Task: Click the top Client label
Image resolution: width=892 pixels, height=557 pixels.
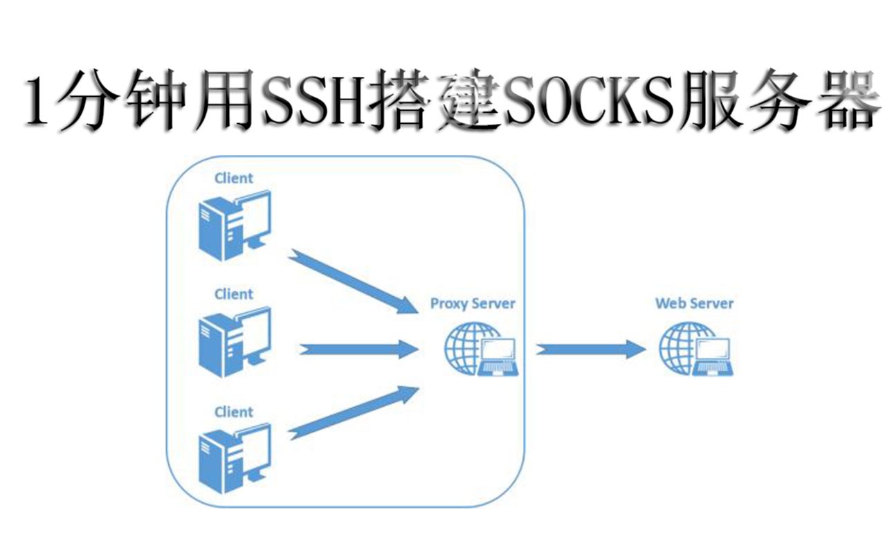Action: pos(234,178)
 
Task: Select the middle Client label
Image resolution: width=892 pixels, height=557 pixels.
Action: pos(234,294)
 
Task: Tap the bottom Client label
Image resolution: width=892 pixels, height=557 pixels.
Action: pos(234,412)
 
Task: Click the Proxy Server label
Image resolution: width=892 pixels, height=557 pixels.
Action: pos(473,303)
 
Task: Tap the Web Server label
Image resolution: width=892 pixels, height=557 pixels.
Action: pos(694,303)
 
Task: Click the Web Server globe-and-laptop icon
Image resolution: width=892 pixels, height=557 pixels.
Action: pos(695,350)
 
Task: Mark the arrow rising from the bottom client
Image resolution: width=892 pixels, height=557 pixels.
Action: pos(353,413)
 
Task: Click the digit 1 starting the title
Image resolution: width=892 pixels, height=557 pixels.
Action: pos(39,102)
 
